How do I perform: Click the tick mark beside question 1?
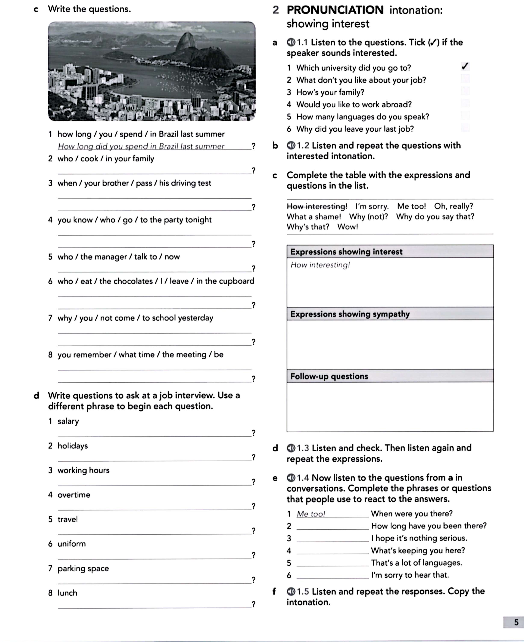coord(465,66)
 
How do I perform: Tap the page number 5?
coord(516,622)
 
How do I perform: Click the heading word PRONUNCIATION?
coord(335,10)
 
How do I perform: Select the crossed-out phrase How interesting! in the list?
coord(317,207)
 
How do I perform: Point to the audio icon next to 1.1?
coord(291,42)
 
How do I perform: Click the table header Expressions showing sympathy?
coord(350,314)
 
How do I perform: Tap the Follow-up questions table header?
coord(329,376)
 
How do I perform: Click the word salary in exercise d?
coord(68,421)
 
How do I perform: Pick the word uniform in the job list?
coord(72,544)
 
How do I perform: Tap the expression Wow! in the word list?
coord(347,227)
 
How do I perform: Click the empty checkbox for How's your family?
coord(465,91)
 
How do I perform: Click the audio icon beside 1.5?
coord(291,591)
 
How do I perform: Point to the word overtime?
coord(74,495)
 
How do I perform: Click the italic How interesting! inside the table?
coord(320,265)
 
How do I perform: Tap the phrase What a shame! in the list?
coord(314,217)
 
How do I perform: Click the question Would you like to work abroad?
coord(354,105)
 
